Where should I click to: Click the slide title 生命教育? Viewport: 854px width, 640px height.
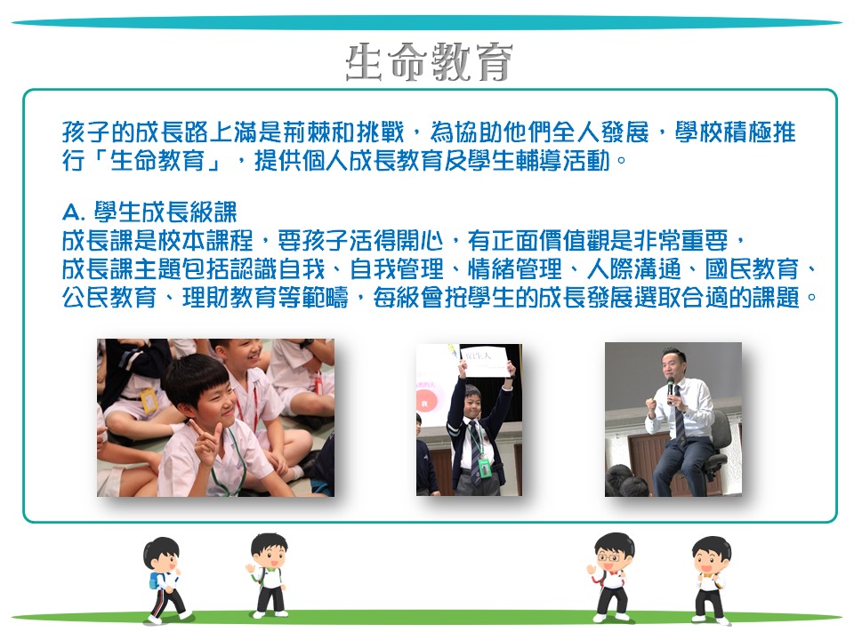tap(429, 62)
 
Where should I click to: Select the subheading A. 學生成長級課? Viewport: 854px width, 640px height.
tap(149, 212)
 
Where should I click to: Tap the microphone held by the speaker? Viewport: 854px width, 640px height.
tap(670, 389)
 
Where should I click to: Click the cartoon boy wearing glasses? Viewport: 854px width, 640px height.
tap(612, 577)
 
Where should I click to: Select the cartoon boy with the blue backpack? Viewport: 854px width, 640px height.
tap(165, 580)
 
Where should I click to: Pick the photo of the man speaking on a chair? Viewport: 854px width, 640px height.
tap(673, 419)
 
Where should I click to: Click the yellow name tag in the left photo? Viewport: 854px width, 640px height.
tap(149, 400)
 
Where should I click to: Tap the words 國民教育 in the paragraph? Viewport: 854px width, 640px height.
tap(752, 269)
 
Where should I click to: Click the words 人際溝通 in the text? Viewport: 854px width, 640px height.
tap(633, 269)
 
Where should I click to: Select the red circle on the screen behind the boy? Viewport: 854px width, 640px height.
tap(426, 403)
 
